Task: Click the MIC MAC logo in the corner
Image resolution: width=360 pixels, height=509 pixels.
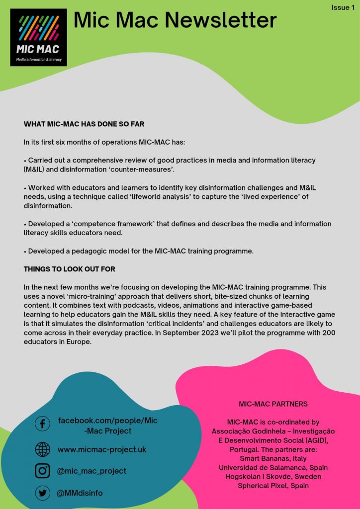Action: pyautogui.click(x=38, y=37)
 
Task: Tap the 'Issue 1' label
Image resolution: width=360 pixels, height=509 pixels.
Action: pyautogui.click(x=344, y=7)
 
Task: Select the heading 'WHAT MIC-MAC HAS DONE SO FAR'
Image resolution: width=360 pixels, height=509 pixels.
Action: pyautogui.click(x=84, y=124)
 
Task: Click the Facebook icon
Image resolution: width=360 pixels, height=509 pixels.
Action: pyautogui.click(x=42, y=424)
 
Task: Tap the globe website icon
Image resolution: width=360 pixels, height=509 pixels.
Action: pyautogui.click(x=42, y=449)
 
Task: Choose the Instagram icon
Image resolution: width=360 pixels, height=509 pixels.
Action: pyautogui.click(x=42, y=471)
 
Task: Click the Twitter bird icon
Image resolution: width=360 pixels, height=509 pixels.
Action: pyautogui.click(x=42, y=493)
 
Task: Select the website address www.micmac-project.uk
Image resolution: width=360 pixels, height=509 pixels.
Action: pyautogui.click(x=102, y=449)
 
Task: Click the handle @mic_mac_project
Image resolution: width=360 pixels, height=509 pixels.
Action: pyautogui.click(x=92, y=471)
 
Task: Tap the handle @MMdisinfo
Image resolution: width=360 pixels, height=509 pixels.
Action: pyautogui.click(x=80, y=493)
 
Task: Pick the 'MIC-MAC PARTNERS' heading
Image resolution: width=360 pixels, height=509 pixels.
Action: pyautogui.click(x=273, y=404)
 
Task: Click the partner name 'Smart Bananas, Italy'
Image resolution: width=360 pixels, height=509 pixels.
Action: pyautogui.click(x=273, y=458)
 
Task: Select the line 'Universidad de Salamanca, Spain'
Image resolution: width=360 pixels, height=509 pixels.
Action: pyautogui.click(x=273, y=467)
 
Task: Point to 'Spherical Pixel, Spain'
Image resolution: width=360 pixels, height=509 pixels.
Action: pyautogui.click(x=273, y=485)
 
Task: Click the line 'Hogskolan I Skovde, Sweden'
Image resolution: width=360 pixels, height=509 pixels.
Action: pyautogui.click(x=273, y=476)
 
